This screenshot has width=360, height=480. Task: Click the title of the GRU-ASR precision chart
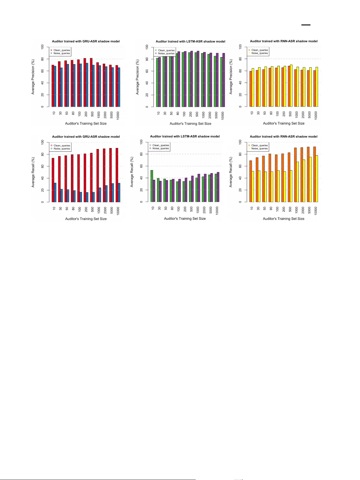point(86,41)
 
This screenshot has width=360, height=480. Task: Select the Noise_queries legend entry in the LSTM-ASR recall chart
point(160,148)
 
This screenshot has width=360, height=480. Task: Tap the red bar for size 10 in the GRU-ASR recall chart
point(53,180)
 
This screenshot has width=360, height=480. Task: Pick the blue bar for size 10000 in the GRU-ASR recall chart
point(119,193)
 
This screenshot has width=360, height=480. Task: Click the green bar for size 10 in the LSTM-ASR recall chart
point(152,186)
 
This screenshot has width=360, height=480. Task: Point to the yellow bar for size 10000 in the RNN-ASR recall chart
point(317,179)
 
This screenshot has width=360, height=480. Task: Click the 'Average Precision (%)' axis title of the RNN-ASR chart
point(231,77)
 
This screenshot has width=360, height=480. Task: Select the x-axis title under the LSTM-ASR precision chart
point(190,124)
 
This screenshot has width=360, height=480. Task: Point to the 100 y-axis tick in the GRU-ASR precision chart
point(43,47)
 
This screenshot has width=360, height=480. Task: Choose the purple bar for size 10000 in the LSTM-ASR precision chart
point(223,80)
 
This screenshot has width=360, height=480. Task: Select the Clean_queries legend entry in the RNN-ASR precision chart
point(259,50)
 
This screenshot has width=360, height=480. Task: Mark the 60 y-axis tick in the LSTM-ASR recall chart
point(141,166)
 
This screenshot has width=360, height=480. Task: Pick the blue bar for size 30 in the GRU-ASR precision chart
point(61,87)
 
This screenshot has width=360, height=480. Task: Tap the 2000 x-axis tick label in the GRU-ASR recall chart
point(105,211)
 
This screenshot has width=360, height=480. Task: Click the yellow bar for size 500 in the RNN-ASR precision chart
point(291,86)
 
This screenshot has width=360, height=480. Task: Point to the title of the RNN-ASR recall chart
point(283,137)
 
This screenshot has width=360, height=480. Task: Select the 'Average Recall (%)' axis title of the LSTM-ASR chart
point(132,172)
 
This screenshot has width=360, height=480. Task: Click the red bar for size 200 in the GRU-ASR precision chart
point(85,83)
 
